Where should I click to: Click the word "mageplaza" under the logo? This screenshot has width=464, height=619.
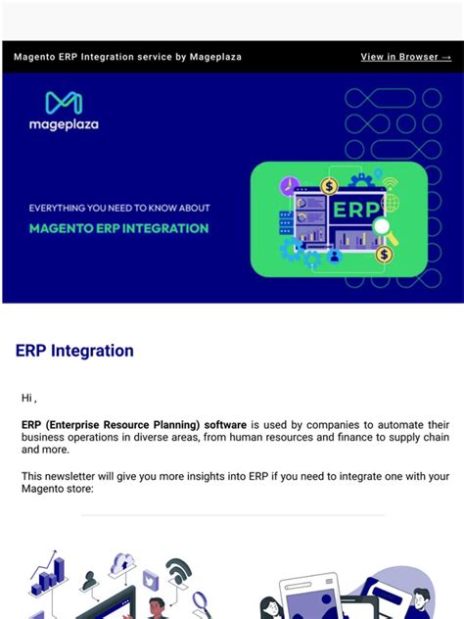click(64, 125)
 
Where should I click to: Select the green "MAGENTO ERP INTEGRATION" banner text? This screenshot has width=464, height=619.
click(118, 228)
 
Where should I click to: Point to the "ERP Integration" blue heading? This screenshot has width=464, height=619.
click(74, 351)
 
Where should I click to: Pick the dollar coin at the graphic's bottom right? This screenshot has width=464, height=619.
click(385, 255)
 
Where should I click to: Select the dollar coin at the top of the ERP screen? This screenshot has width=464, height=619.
click(329, 185)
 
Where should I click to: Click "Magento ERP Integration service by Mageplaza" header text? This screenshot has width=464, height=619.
click(127, 57)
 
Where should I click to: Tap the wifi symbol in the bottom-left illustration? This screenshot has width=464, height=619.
click(178, 569)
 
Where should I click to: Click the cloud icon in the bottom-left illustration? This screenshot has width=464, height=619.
click(123, 564)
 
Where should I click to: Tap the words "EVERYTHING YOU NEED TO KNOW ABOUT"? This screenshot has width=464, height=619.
click(118, 208)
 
